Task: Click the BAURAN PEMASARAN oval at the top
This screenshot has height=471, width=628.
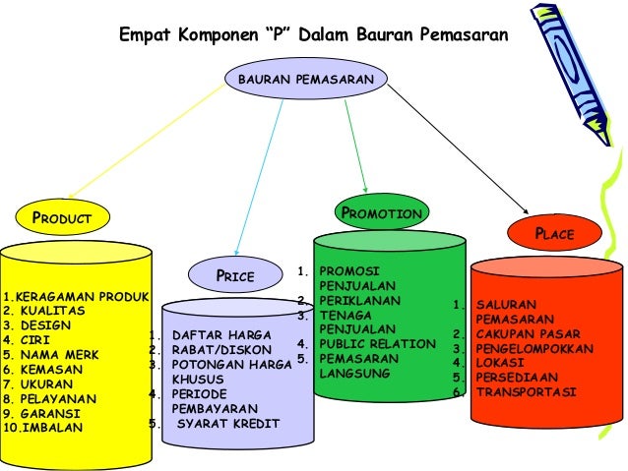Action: coord(305,77)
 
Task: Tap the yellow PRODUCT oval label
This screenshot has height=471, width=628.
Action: coord(61,216)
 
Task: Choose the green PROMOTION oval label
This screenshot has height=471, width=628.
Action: coord(380,212)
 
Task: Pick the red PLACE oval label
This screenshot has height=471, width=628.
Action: coord(553,234)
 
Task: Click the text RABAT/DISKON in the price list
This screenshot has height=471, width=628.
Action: coord(215,350)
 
